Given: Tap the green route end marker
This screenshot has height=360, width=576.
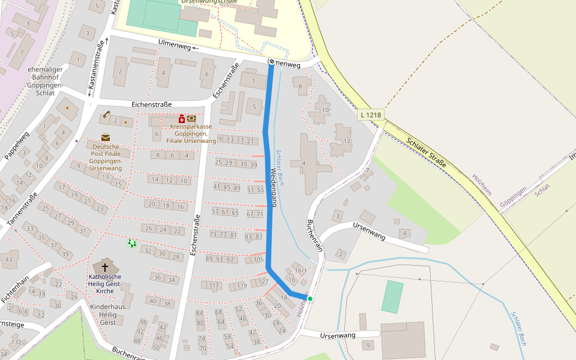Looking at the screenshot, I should point(310,298).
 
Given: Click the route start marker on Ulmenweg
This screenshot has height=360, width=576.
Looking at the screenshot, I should point(271,62).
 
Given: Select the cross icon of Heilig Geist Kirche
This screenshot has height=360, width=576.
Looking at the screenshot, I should point(105,268).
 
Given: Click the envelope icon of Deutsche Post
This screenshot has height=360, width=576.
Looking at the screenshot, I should point(106,137).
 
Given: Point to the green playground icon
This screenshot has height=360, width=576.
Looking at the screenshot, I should point(131,243).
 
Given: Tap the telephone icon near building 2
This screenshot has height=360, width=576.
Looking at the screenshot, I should point(106,114).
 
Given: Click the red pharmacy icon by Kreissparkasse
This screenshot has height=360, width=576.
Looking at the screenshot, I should point(182,119).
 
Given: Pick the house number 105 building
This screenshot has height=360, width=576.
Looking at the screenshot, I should point(257,259).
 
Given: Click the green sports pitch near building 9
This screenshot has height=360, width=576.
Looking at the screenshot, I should point(392,297).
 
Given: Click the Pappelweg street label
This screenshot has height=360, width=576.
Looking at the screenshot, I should point(17,146).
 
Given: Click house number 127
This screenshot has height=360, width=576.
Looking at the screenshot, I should point(263,281).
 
